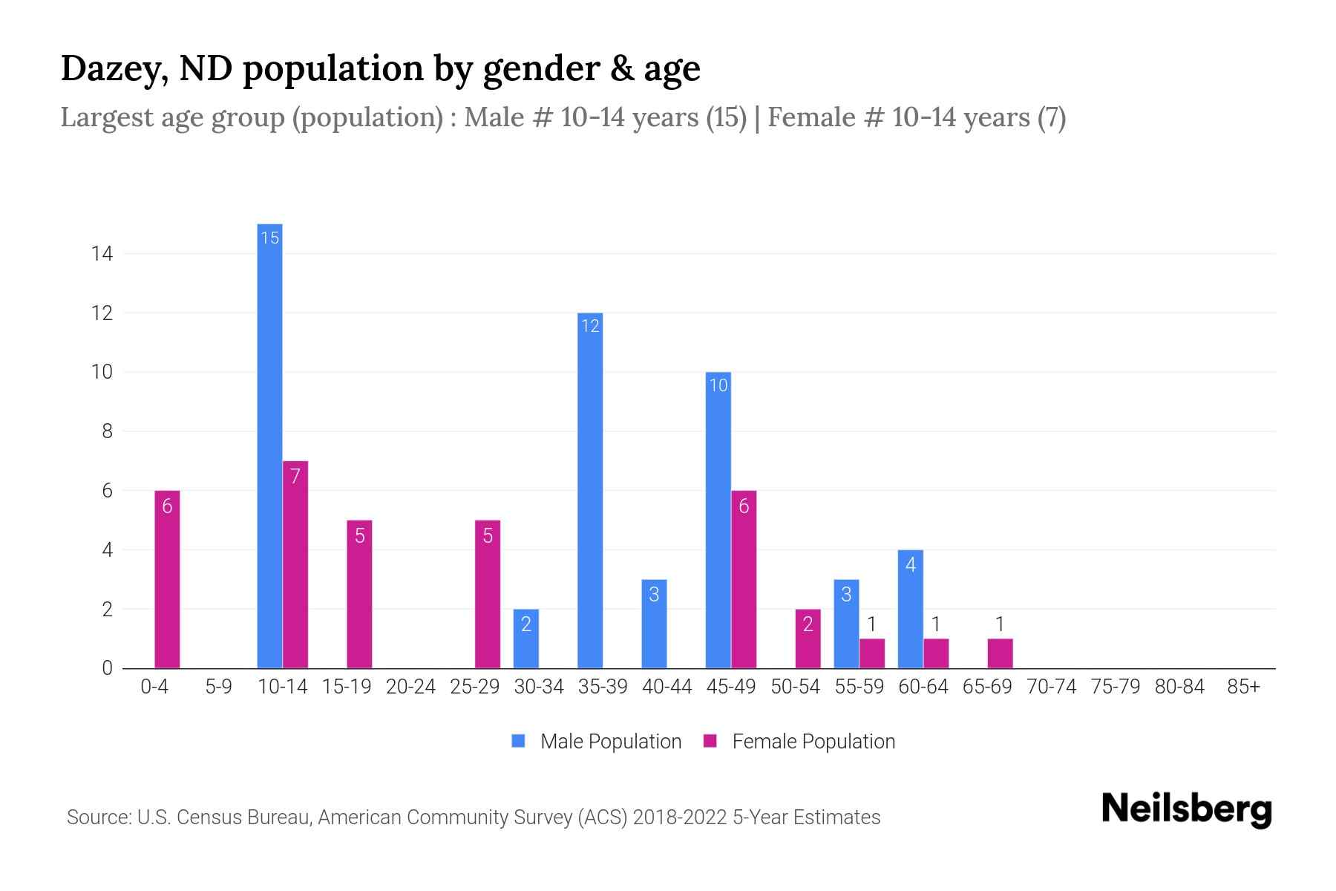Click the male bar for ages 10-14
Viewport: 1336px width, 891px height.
269,446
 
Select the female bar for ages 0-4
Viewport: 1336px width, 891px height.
167,579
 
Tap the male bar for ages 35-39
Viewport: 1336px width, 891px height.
590,490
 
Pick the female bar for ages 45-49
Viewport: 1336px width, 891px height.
744,579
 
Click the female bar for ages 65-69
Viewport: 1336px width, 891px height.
1000,653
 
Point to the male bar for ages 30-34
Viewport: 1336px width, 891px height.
526,639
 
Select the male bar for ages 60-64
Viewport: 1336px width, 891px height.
911,609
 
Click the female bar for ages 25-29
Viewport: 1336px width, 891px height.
488,594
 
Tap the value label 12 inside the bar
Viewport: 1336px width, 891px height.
590,326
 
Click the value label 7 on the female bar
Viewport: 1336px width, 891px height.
295,476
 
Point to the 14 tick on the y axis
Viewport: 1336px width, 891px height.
102,254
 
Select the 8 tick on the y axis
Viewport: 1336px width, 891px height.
107,431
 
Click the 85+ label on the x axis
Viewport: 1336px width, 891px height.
1243,687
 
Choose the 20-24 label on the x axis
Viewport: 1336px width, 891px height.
410,687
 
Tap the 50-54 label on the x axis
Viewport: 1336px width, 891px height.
795,687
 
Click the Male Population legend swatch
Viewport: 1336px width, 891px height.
518,741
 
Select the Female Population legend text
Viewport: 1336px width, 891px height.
813,741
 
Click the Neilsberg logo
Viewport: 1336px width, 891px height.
1186,809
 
